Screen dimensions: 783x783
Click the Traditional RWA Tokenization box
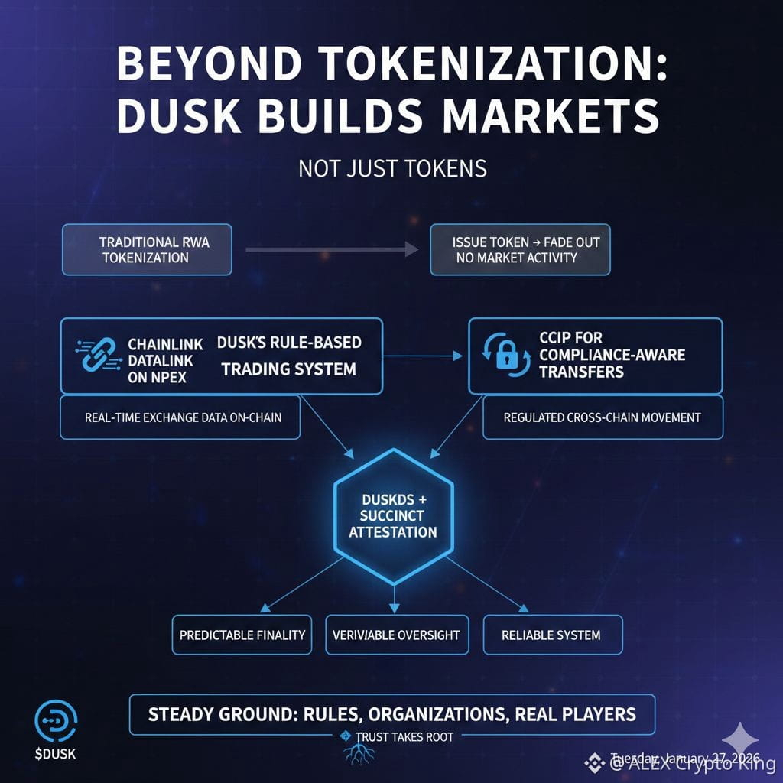146,249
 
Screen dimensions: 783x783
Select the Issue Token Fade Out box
520,249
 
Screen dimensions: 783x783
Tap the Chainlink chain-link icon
96,356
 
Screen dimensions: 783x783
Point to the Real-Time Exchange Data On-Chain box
180,417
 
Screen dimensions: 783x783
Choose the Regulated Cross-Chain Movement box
603,417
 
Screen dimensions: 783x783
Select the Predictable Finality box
242,635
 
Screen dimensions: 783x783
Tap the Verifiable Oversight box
396,635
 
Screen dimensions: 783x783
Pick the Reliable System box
552,635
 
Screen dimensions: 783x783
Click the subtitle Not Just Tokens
392,167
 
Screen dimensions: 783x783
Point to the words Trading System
288,369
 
